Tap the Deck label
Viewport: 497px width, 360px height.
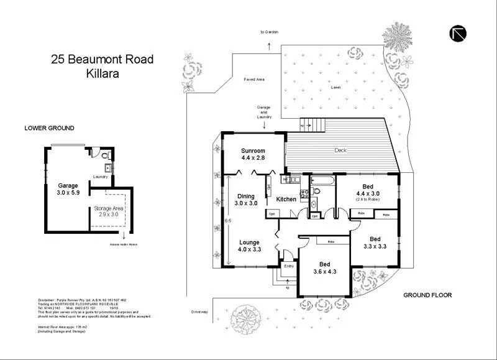click(339, 150)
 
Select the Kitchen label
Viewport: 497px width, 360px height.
click(286, 199)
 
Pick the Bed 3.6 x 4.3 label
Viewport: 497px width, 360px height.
click(322, 267)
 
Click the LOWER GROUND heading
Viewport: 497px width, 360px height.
click(49, 128)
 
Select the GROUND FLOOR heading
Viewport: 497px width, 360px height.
click(427, 295)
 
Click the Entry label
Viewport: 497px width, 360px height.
click(289, 266)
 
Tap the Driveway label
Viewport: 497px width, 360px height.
click(199, 311)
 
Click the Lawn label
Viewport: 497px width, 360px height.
click(335, 88)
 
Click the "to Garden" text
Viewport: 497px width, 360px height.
click(269, 32)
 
